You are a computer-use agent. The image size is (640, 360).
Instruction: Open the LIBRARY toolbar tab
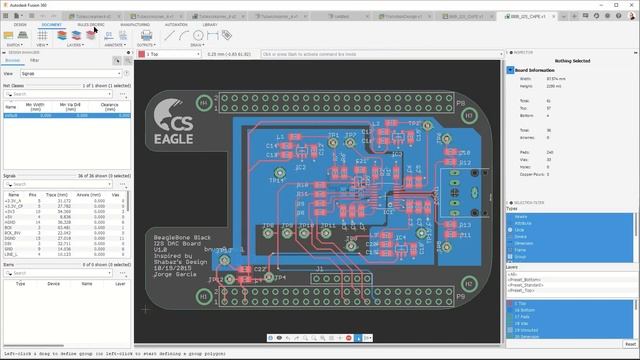(210, 24)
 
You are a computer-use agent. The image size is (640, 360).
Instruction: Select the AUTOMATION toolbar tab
(175, 24)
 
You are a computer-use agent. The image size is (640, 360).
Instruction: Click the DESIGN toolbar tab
(20, 24)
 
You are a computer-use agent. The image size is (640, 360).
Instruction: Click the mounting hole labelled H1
(204, 101)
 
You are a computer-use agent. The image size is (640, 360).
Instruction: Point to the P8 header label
(460, 103)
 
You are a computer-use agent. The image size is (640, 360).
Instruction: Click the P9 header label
(460, 297)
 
